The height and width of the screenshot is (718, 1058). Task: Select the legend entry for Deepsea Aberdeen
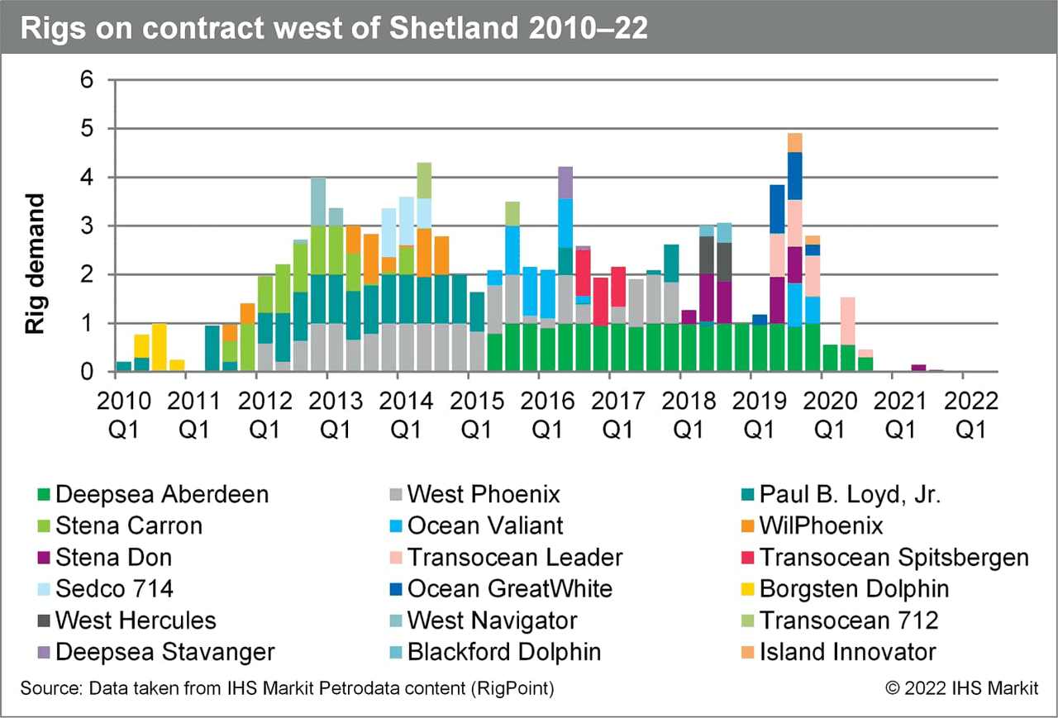161,495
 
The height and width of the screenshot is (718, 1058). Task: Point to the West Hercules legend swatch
42,621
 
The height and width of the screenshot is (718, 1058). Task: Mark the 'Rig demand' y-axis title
35,264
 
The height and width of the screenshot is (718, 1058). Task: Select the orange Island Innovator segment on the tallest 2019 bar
795,142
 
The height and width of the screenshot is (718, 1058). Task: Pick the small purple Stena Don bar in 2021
918,368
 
